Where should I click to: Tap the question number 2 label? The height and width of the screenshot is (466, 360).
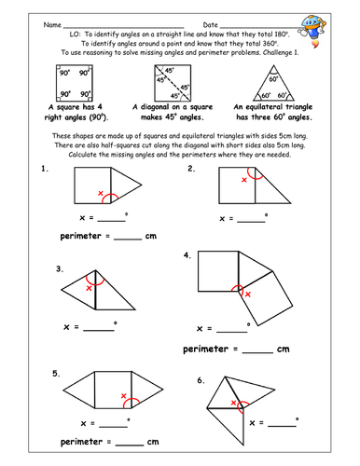[x=190, y=169]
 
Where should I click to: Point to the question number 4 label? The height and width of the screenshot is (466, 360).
[x=187, y=254]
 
